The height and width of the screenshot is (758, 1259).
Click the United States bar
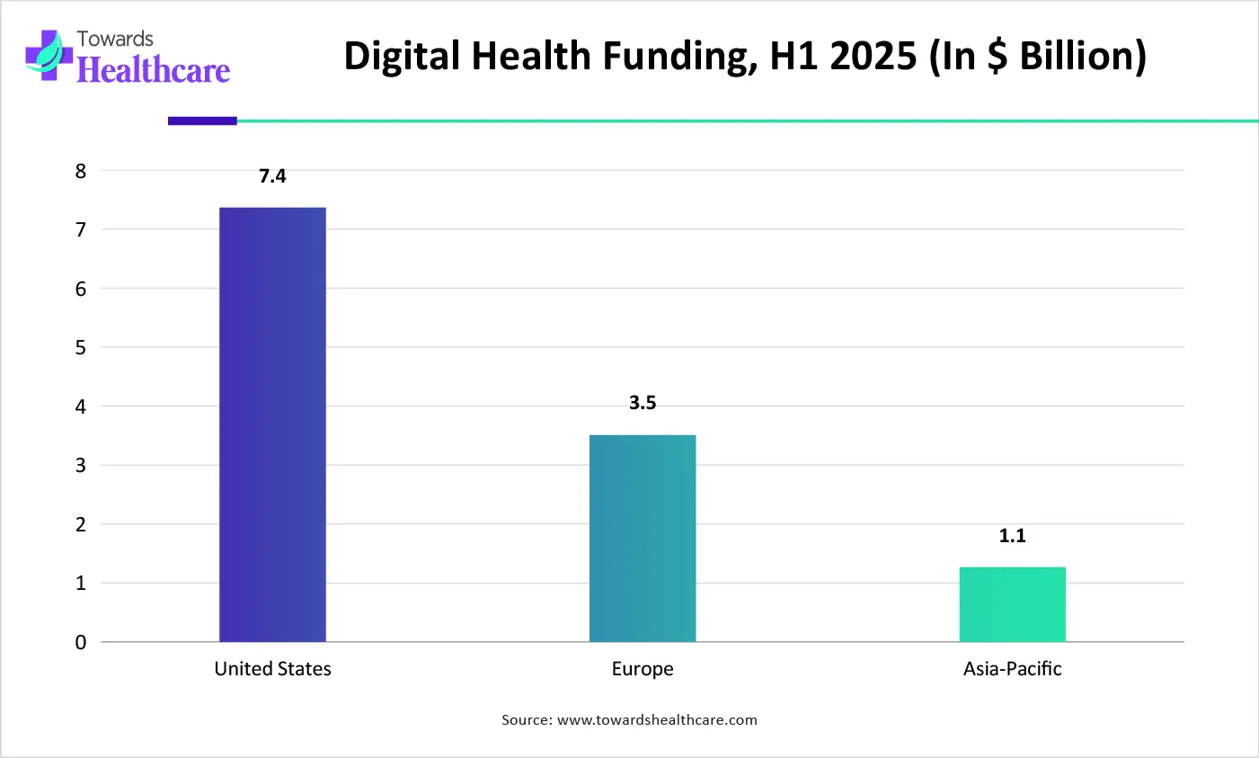point(272,424)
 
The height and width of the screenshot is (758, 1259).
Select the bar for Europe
point(643,538)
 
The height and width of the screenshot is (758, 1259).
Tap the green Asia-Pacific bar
point(1012,604)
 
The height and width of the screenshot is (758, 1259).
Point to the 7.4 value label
point(272,176)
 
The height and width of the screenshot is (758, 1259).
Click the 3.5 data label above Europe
point(643,403)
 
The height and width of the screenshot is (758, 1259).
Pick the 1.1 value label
point(1012,536)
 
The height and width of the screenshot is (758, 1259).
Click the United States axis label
point(272,669)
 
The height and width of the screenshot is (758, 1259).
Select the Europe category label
point(643,669)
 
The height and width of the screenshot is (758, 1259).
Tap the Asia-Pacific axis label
point(1012,669)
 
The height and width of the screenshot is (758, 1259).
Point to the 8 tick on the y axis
point(81,171)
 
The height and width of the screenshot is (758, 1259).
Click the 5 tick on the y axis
point(81,347)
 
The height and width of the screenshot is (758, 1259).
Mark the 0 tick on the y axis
point(81,642)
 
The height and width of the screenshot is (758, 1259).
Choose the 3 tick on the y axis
point(81,465)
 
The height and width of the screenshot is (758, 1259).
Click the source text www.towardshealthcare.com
point(657,720)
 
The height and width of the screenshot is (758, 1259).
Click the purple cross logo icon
point(48,56)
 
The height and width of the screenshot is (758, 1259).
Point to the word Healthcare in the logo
point(154,70)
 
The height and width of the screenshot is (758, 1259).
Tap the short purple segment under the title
point(202,120)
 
